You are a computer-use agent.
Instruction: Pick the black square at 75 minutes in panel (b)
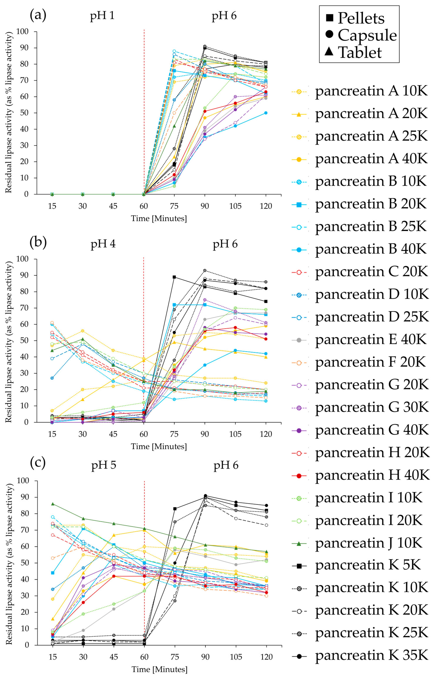(174, 277)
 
